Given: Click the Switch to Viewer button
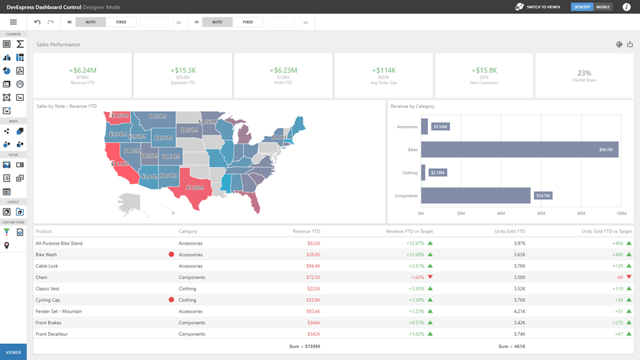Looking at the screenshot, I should pyautogui.click(x=538, y=7).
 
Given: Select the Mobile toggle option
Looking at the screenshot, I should pyautogui.click(x=603, y=7).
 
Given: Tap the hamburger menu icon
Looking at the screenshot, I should pyautogui.click(x=13, y=22).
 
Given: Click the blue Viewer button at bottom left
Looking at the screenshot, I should pyautogui.click(x=13, y=351).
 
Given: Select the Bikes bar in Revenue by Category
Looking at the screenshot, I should pyautogui.click(x=519, y=149).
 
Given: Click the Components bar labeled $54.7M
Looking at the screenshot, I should pyautogui.click(x=475, y=195).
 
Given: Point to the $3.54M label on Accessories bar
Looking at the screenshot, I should pyautogui.click(x=440, y=126).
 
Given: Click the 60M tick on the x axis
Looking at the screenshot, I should pyautogui.click(x=541, y=214).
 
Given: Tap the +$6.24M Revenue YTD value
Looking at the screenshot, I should pyautogui.click(x=82, y=70).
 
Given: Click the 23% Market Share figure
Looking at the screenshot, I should pyautogui.click(x=584, y=73).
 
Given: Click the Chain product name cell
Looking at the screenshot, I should pyautogui.click(x=41, y=277).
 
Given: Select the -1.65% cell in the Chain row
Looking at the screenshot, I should pyautogui.click(x=415, y=277).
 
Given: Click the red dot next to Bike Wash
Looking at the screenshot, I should pyautogui.click(x=171, y=255).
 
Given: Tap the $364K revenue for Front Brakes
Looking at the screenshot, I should pyautogui.click(x=313, y=322).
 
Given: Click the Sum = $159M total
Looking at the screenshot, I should pyautogui.click(x=305, y=347).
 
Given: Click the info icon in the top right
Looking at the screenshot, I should pyautogui.click(x=626, y=7).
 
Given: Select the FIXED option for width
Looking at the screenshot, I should pyautogui.click(x=121, y=22).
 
